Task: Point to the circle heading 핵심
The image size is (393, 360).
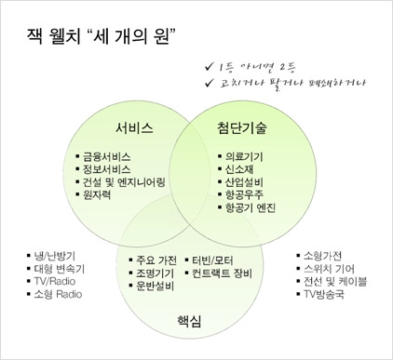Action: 189,321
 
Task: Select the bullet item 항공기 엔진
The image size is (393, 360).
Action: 251,209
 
